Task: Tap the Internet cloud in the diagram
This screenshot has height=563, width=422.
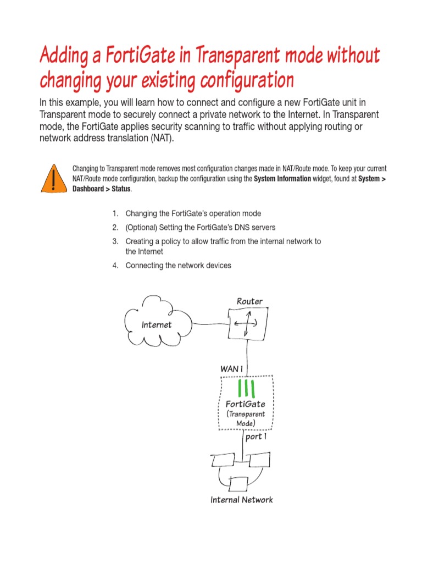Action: pyautogui.click(x=157, y=324)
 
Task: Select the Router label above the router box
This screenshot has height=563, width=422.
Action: pyautogui.click(x=249, y=301)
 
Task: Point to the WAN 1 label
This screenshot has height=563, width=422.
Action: pyautogui.click(x=231, y=369)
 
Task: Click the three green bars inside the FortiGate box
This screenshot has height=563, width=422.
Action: pyautogui.click(x=246, y=388)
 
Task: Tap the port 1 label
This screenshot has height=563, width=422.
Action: pyautogui.click(x=256, y=437)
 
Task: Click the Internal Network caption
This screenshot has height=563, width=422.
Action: pyautogui.click(x=241, y=500)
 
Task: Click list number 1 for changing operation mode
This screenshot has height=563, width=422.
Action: pyautogui.click(x=115, y=213)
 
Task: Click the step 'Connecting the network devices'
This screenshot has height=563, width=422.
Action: pyautogui.click(x=178, y=266)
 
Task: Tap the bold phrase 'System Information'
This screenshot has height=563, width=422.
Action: pyautogui.click(x=282, y=179)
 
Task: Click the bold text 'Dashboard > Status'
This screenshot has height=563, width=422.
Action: pyautogui.click(x=101, y=189)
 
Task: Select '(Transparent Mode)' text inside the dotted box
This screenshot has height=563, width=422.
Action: pyautogui.click(x=246, y=418)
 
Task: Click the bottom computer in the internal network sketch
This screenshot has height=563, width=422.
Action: pyautogui.click(x=239, y=484)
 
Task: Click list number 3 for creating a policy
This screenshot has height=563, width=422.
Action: pyautogui.click(x=115, y=241)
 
